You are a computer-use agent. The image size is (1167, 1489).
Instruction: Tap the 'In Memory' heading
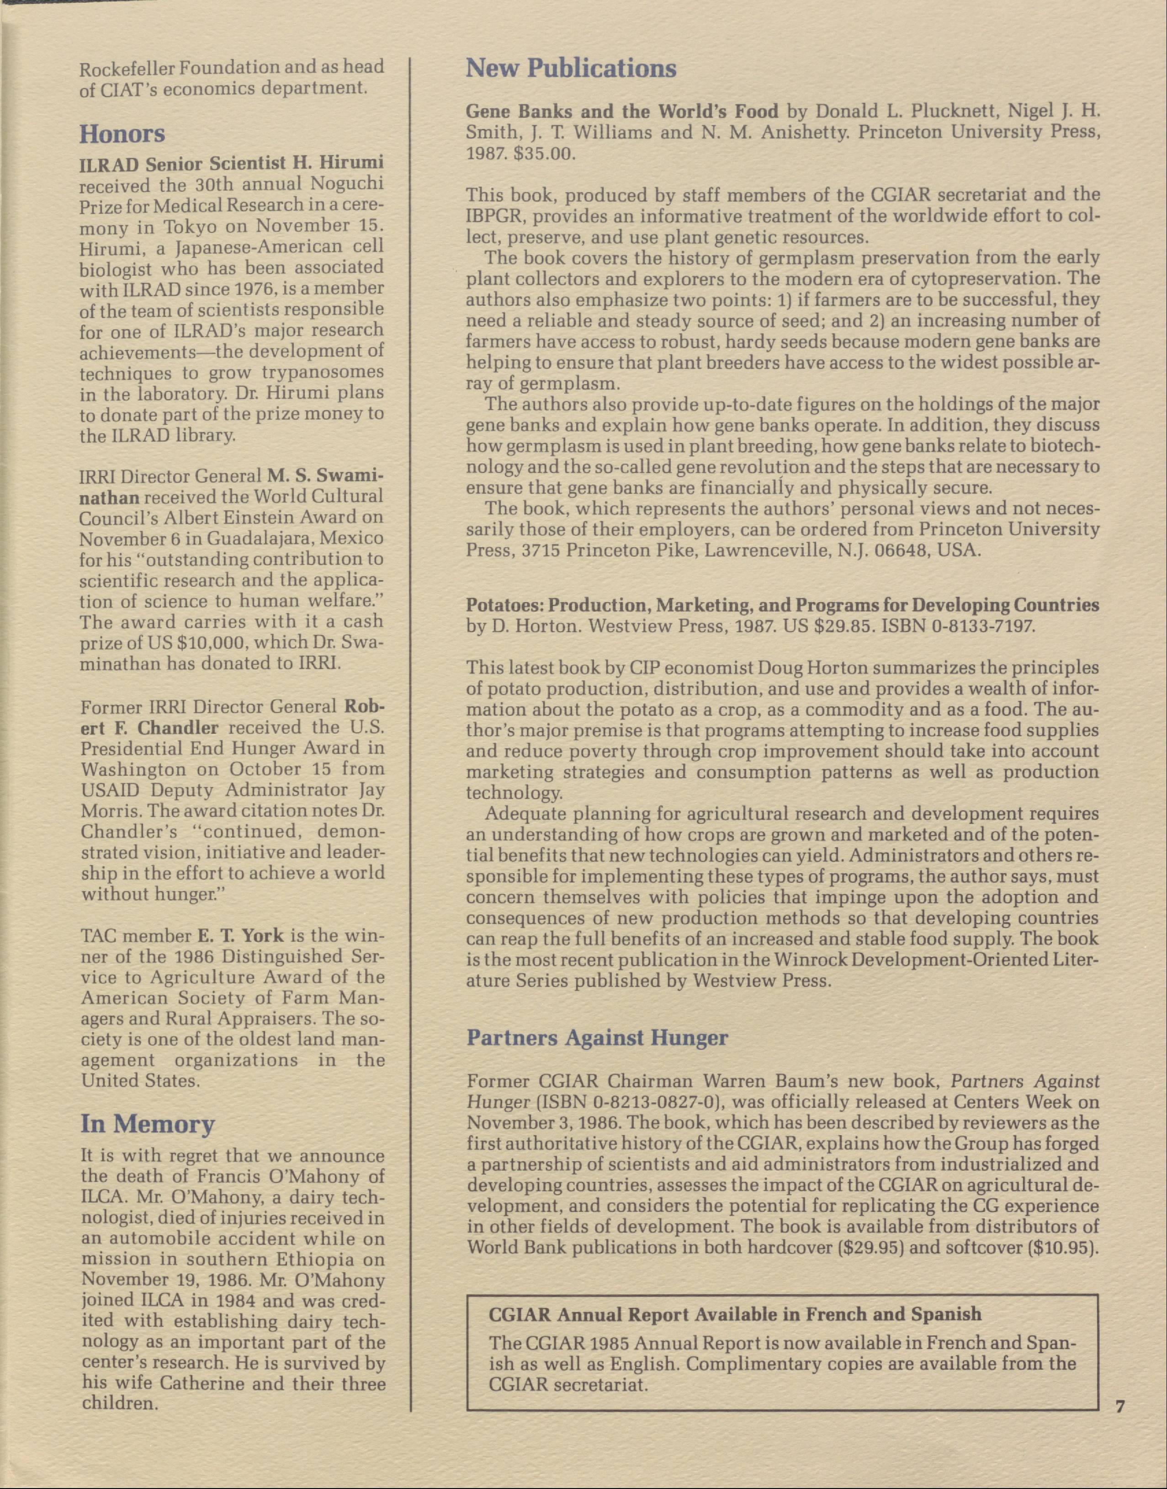148,1123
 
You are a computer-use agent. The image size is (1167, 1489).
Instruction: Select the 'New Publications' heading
571,69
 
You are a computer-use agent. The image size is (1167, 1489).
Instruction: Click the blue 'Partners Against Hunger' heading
597,1037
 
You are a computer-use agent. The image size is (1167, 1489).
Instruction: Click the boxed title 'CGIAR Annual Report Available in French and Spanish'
734,1314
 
